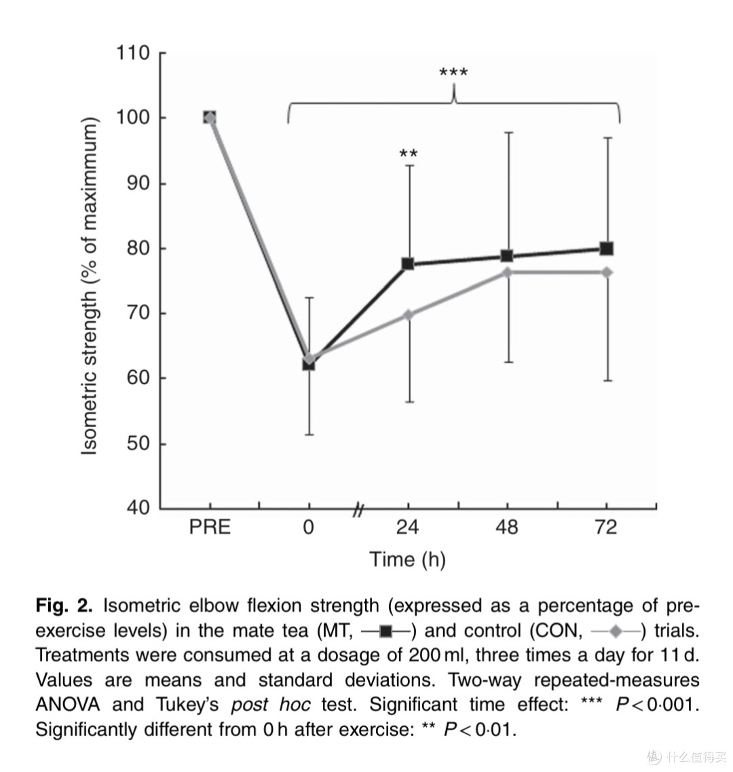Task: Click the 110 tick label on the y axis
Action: [133, 53]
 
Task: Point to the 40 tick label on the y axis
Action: [138, 507]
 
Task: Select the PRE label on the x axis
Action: [210, 528]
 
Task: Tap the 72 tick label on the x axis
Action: [606, 528]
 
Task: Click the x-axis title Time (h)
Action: [408, 559]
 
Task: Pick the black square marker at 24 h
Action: [408, 264]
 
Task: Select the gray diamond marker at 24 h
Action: [409, 315]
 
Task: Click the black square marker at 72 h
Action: [607, 249]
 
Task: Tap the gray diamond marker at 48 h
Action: [508, 272]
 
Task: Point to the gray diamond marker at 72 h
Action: [607, 272]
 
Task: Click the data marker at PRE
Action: [210, 117]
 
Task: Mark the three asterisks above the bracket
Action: [453, 73]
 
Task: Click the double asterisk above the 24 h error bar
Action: [409, 154]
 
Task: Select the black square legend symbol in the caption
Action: [386, 631]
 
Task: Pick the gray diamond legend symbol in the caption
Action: [615, 631]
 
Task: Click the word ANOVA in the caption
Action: [68, 705]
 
